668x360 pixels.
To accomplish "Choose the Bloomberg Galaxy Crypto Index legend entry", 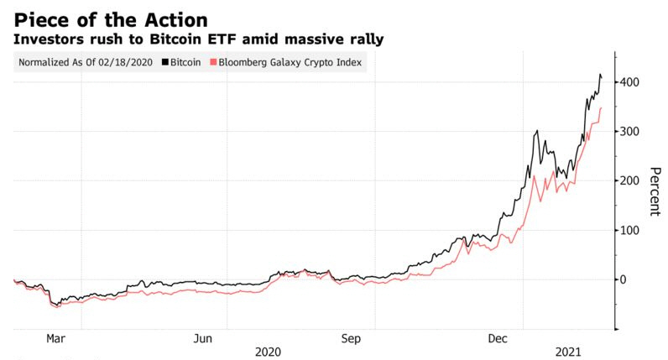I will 290,63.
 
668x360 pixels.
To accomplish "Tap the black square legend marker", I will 164,63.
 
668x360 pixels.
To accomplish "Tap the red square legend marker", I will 214,63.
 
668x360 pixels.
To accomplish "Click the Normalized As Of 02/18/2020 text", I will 86,63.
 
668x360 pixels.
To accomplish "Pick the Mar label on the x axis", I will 55,339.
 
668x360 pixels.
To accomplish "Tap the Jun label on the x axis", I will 202,339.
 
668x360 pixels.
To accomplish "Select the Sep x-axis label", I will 351,339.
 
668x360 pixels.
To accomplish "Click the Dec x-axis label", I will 498,339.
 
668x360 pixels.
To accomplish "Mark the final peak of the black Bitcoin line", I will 600,76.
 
